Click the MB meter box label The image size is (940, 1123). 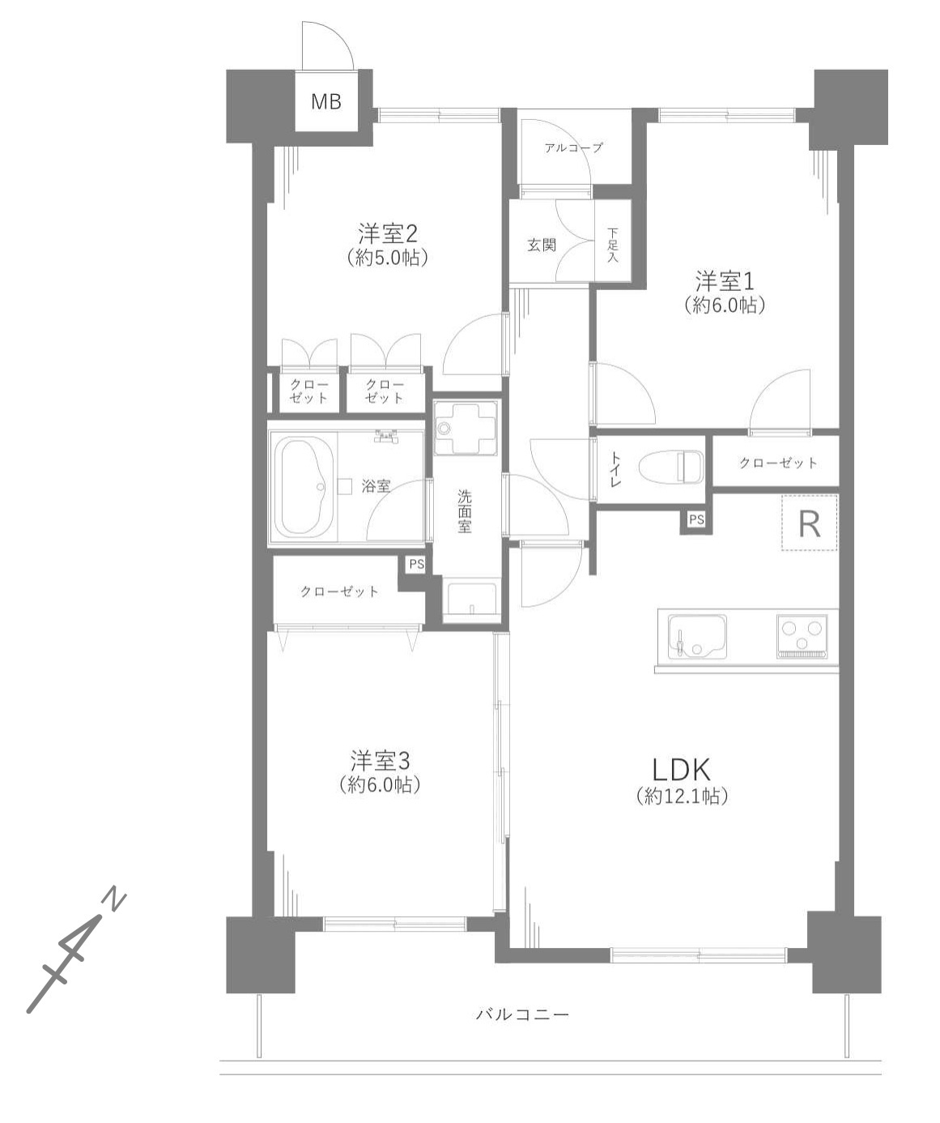[x=326, y=101]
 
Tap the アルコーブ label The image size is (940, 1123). [x=573, y=147]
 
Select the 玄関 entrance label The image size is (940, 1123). [x=541, y=246]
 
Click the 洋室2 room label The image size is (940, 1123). [x=388, y=234]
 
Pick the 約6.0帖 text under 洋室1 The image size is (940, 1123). [x=724, y=305]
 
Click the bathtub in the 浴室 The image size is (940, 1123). [x=304, y=487]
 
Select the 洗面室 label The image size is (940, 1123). [x=465, y=511]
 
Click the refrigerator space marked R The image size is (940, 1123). [x=810, y=523]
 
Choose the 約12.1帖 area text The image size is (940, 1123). [x=682, y=796]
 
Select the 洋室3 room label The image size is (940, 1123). [x=380, y=761]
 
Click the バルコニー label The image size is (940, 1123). [x=522, y=1015]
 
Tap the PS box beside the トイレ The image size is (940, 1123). [x=696, y=519]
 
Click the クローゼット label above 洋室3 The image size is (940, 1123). [x=339, y=591]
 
